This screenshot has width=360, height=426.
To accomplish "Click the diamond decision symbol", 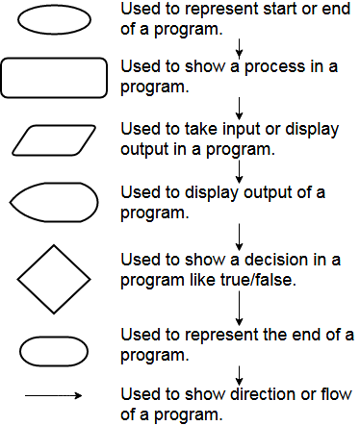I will [53, 280].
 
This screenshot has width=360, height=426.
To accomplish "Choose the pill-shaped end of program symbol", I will [53, 351].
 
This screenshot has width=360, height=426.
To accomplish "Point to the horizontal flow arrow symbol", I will [54, 394].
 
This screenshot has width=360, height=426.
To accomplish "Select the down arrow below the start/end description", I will [239, 45].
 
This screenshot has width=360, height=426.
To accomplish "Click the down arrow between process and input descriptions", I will [239, 106].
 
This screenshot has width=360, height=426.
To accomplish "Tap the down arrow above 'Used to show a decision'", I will [239, 234].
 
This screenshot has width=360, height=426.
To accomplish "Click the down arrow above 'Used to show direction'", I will [239, 372].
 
